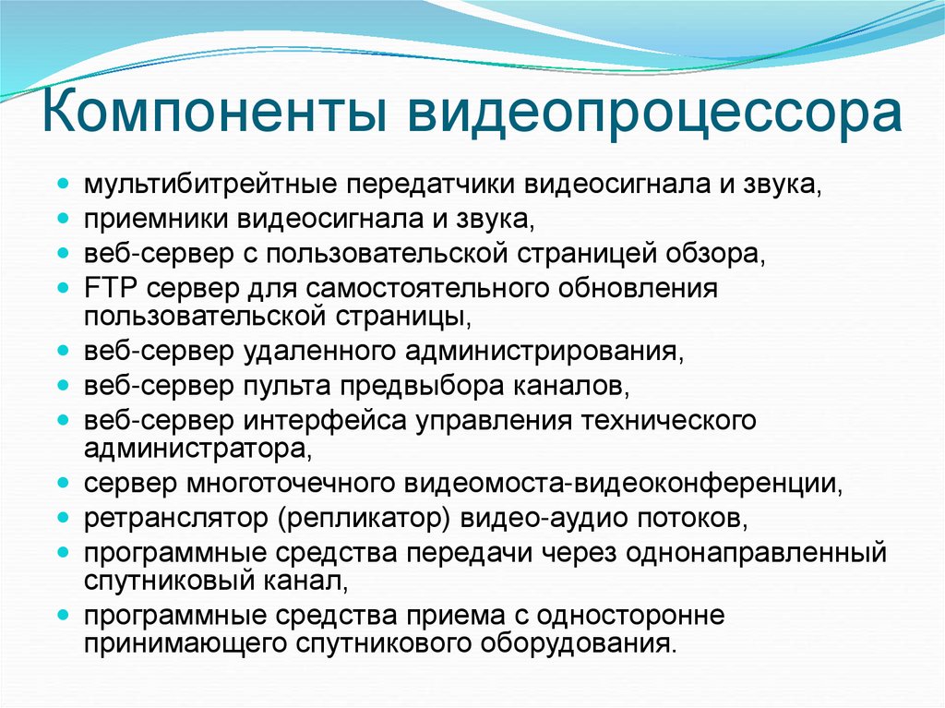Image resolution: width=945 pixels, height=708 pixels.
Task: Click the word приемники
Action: [x=157, y=218]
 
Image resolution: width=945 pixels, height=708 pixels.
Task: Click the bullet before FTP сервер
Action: [x=63, y=286]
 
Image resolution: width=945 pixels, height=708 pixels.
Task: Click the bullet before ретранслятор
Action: [x=63, y=517]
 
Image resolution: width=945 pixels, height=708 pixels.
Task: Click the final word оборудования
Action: [x=577, y=644]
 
